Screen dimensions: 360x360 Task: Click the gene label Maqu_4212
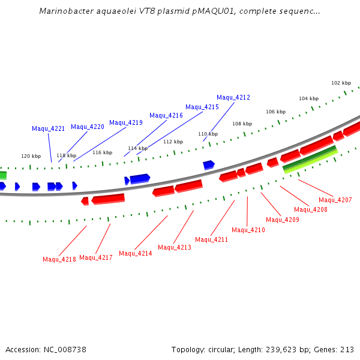233,97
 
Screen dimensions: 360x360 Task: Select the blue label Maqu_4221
48,128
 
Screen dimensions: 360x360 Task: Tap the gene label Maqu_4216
166,115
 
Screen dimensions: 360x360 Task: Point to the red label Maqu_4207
335,200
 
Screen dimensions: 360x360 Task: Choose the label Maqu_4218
59,259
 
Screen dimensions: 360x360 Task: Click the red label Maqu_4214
136,253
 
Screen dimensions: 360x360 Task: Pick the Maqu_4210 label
248,230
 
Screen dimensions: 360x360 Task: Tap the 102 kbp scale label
341,83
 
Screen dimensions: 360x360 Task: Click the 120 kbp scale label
31,156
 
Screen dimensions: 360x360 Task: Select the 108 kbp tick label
242,124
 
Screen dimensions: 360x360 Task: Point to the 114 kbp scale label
137,148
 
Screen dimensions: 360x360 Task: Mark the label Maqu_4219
126,122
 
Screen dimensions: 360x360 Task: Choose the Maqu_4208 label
311,209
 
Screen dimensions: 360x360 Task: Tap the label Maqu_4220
88,127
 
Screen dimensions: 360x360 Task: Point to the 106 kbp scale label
276,112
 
